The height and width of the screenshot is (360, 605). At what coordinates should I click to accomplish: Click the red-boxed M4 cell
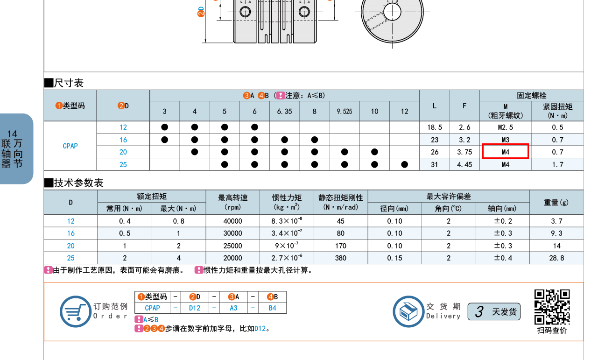click(x=505, y=152)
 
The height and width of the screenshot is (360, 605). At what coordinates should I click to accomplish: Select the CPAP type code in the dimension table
click(x=70, y=146)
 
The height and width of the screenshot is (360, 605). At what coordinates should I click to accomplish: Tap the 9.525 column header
click(x=345, y=112)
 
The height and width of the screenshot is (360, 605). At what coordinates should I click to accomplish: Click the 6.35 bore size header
click(x=284, y=112)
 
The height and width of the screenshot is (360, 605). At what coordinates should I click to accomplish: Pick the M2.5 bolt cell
click(x=505, y=127)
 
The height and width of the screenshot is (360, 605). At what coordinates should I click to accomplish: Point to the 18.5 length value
click(x=434, y=127)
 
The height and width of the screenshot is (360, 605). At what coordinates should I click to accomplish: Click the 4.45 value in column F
click(x=464, y=164)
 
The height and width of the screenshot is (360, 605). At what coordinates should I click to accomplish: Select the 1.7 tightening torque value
click(x=557, y=164)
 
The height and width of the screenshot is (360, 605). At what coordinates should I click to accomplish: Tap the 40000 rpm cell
click(x=232, y=221)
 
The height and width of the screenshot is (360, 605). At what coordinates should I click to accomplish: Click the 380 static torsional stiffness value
click(x=340, y=258)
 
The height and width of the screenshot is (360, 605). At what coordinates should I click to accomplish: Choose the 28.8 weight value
click(x=556, y=258)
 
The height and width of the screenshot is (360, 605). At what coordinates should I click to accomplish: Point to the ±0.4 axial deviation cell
click(x=502, y=258)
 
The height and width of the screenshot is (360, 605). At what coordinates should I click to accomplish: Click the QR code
click(x=552, y=307)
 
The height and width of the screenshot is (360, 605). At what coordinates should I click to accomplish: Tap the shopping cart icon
click(x=75, y=311)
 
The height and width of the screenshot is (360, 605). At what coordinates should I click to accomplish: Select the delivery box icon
click(x=408, y=311)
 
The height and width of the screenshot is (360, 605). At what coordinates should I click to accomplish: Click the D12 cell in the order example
click(x=194, y=308)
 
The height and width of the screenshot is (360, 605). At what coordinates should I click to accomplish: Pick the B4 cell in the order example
click(x=272, y=308)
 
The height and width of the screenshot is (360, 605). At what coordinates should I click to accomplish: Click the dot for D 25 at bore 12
click(x=404, y=164)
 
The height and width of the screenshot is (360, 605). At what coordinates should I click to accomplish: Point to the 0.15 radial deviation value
click(x=394, y=258)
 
